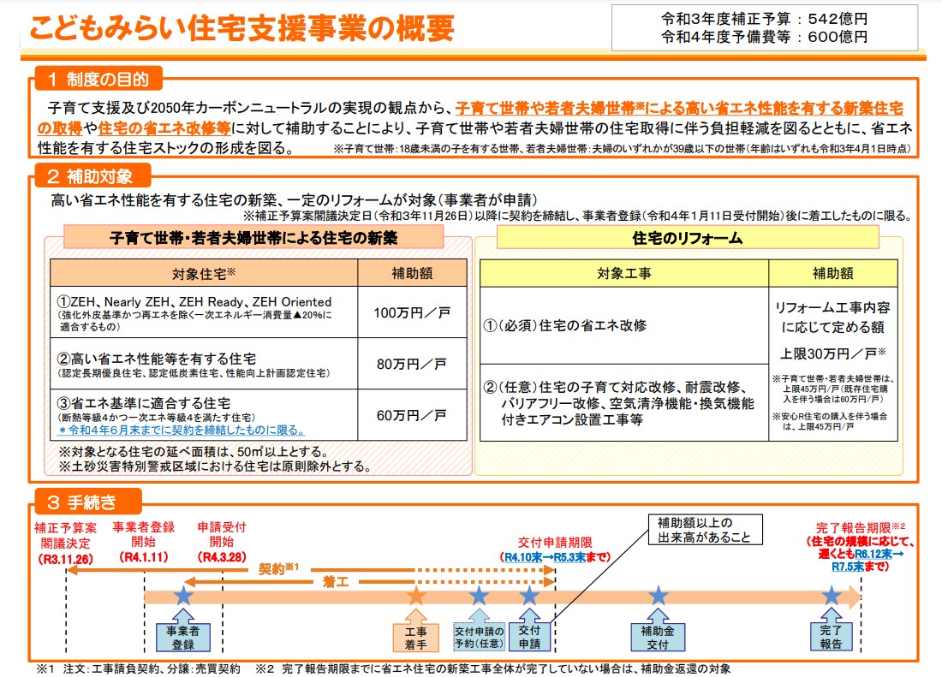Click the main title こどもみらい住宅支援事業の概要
tap(241, 29)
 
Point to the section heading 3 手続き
tap(87, 501)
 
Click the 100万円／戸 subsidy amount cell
tap(411, 312)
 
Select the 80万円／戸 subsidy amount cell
tap(411, 364)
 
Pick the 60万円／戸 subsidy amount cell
tap(411, 415)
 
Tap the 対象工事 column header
tap(623, 274)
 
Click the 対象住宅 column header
tap(203, 273)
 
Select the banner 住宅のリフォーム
tap(687, 238)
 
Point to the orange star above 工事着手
tap(416, 596)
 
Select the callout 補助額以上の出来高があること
tap(695, 531)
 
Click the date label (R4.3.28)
tap(221, 557)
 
